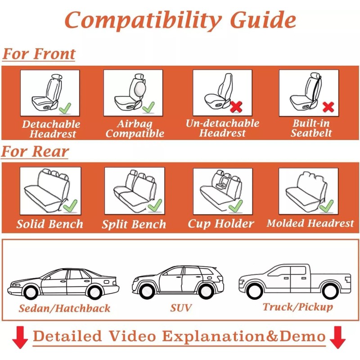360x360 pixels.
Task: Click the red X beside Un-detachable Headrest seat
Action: point(236,107)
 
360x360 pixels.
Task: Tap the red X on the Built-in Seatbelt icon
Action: point(328,107)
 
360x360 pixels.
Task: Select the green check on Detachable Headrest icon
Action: point(65,108)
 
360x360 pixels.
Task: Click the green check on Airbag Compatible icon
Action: point(148,107)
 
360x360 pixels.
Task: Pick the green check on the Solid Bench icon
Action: point(70,206)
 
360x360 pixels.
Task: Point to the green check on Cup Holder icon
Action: point(235,206)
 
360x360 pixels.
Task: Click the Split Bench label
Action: point(134,225)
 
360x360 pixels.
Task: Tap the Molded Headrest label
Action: point(310,223)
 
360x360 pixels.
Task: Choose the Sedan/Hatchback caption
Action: point(64,309)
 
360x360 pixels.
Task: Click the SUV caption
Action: point(181,308)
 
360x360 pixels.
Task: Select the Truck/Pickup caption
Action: point(298,307)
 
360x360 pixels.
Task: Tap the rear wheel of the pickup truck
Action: point(331,291)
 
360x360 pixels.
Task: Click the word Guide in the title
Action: point(263,20)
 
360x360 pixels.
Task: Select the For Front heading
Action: point(39,54)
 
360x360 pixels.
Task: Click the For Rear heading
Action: point(35,152)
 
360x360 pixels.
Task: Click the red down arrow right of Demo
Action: point(337,337)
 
